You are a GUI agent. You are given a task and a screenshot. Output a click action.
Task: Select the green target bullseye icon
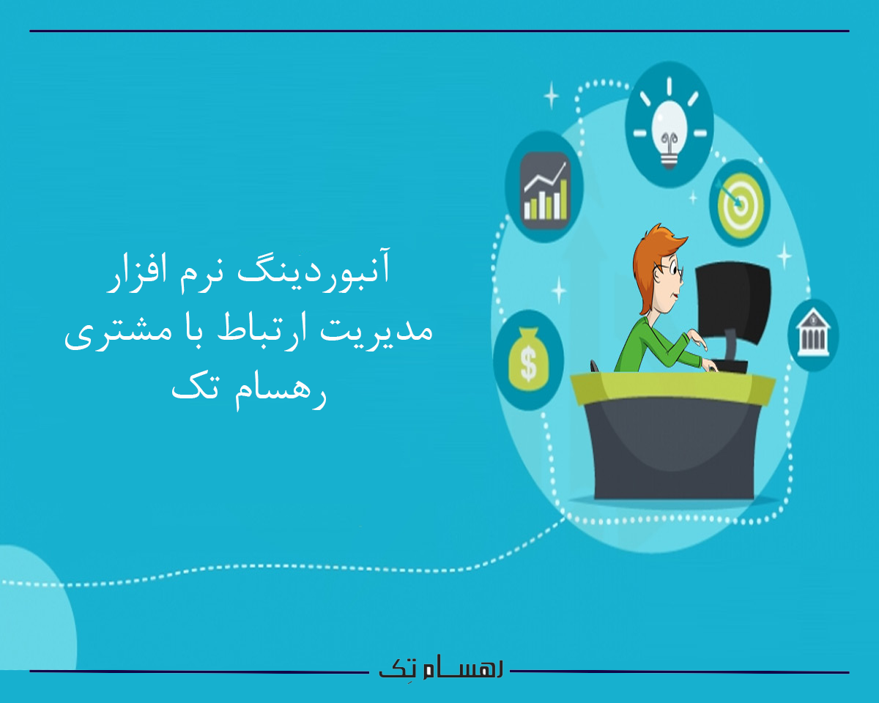pyautogui.click(x=739, y=204)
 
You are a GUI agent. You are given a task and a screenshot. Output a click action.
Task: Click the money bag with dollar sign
pyautogui.click(x=529, y=359)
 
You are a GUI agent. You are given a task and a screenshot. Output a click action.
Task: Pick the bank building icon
pyautogui.click(x=812, y=335)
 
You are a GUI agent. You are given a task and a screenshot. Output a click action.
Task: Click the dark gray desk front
pyautogui.click(x=674, y=454)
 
